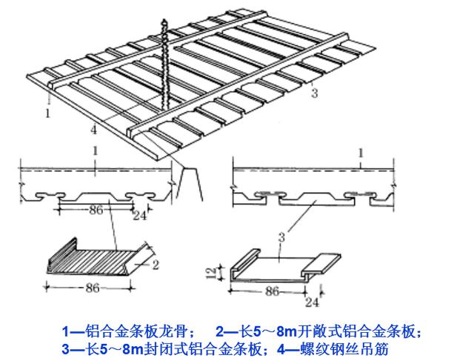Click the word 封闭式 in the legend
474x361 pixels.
149,347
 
